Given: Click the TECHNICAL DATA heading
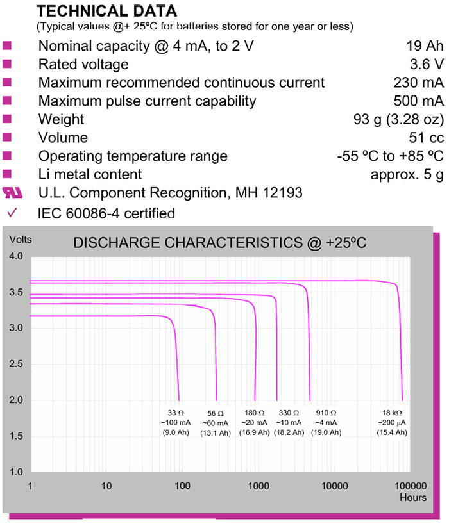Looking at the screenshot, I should coord(106,11).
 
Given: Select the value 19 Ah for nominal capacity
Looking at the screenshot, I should coord(425,46).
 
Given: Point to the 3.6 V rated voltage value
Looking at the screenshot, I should coord(427,64).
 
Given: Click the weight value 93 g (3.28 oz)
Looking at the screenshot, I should coord(394,119).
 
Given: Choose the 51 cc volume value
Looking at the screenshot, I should coord(428,138).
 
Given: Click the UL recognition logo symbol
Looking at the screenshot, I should coord(12,192).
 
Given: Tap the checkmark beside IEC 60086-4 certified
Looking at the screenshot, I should coord(11,212).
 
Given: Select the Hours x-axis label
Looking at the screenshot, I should coord(412,497).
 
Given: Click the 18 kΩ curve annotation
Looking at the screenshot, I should coord(391,413).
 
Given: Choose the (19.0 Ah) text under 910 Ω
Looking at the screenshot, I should coord(326,434).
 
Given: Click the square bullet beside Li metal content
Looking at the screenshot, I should coord(8,174).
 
